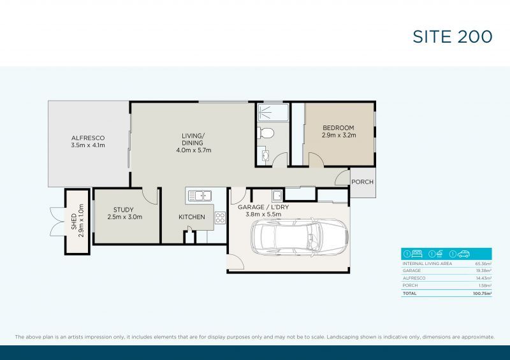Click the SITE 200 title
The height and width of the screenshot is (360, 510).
453,36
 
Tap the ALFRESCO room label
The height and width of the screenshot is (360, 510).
88,138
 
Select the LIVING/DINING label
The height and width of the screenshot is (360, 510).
193,135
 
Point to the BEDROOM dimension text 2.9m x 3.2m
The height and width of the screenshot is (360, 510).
338,136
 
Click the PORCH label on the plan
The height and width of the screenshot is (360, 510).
363,182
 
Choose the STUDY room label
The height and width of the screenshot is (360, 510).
124,210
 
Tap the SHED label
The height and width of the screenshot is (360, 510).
74,221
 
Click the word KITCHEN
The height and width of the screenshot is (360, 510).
192,217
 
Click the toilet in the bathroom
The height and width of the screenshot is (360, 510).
267,133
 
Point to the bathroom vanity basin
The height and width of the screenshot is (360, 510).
265,155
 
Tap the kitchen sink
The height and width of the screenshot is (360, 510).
200,195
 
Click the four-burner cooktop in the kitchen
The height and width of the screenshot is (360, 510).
221,218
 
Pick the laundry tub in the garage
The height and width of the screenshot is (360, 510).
277,195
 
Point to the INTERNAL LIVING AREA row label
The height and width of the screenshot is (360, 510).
427,263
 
